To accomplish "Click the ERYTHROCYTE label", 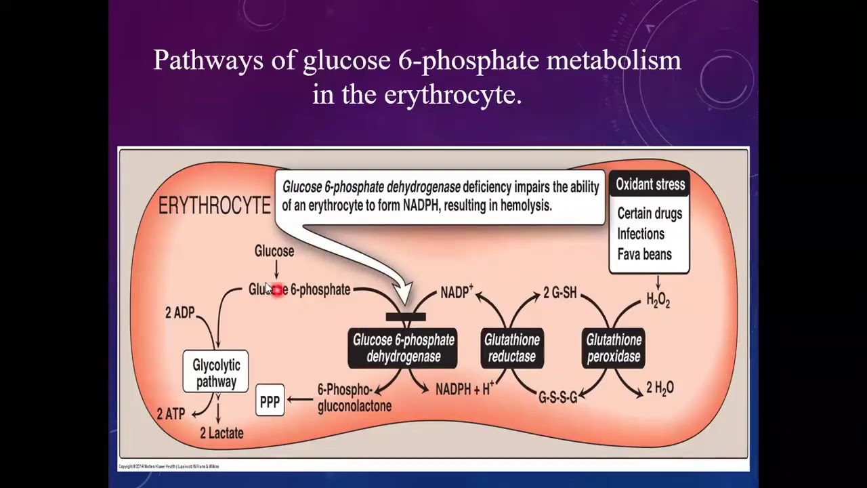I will pos(214,206).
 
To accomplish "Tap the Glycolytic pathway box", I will pos(216,373).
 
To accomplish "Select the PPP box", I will pos(270,402).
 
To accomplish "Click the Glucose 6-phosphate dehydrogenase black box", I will pos(403,348).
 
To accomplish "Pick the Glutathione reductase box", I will pos(512,348).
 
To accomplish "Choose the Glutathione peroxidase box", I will pos(613,348).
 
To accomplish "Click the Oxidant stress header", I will pos(650,184).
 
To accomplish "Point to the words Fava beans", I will pos(644,254).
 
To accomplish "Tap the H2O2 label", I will pos(658,300).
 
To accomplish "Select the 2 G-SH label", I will pos(559,293).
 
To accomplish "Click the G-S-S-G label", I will pos(557,397).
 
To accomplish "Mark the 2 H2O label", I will pos(659,388).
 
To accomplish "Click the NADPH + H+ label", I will pos(464,389).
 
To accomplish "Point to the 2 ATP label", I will pos(171,413).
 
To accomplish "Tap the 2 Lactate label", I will pos(221,433).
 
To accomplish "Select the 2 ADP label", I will pos(179,312).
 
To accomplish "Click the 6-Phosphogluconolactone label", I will pos(354,399).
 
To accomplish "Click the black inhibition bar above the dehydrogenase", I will pos(405,317).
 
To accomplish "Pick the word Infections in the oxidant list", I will pos(641,234).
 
